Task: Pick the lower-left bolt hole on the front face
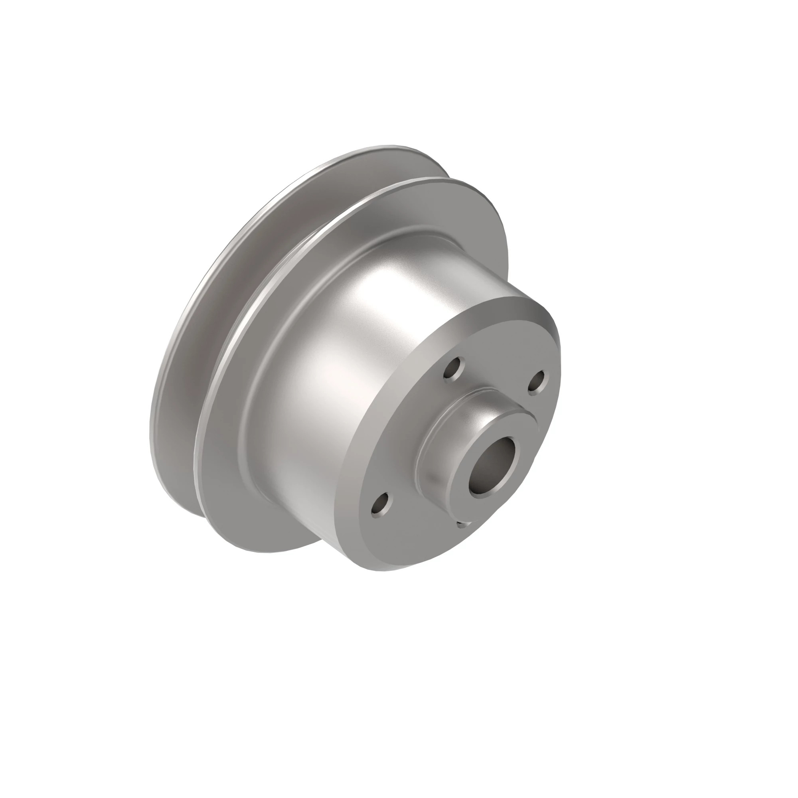pos(380,504)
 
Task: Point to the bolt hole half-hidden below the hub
pos(463,524)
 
